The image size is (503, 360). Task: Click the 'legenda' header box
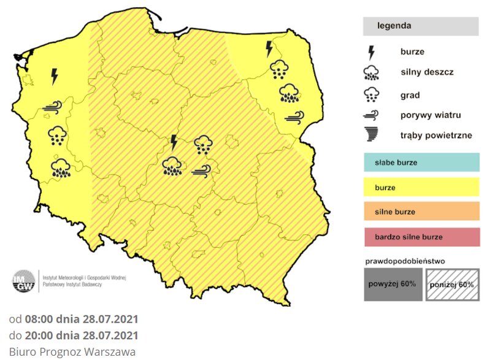[420, 26]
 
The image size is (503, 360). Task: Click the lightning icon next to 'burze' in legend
[371, 52]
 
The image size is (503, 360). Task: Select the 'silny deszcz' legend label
[427, 72]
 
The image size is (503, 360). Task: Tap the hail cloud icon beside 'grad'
[371, 94]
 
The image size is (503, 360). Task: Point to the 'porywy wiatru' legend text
[430, 115]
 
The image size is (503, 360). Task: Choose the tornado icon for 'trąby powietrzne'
[371, 135]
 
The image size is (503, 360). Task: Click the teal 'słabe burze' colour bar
[421, 163]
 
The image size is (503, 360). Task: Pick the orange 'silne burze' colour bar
[421, 212]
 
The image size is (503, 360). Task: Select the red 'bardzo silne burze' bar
[421, 236]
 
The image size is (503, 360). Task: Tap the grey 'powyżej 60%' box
[392, 285]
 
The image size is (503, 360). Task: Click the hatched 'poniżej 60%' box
[453, 285]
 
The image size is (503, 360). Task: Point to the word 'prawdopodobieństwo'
[404, 261]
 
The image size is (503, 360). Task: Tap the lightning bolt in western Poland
[55, 76]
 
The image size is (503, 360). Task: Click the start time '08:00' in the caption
[38, 320]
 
